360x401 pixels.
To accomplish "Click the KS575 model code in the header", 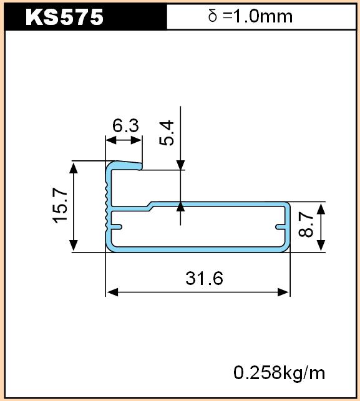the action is (64, 17).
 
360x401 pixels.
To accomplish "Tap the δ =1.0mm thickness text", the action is (250, 16).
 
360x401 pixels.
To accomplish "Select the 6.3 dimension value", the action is (125, 125).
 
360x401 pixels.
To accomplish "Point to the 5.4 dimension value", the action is (167, 133).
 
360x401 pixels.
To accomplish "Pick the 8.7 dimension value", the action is (306, 225).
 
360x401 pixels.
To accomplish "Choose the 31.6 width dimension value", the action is (204, 279).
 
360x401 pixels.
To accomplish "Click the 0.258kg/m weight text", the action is (279, 373).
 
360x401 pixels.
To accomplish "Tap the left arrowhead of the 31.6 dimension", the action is (112, 292).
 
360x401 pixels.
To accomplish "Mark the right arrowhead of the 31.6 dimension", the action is (284, 292).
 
